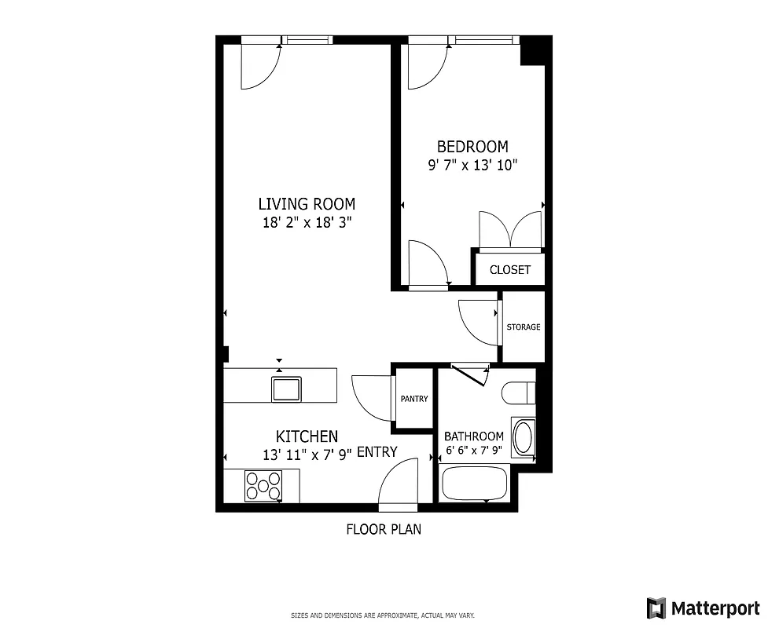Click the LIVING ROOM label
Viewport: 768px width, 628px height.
coord(307,204)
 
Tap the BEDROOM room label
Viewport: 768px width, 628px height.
coord(472,147)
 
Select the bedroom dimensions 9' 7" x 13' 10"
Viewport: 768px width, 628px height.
coord(472,166)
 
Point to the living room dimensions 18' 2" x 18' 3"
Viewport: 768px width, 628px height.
coord(307,222)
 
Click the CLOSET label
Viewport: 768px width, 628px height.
coord(510,270)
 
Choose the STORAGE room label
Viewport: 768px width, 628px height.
coord(524,327)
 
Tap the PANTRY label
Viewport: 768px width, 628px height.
coord(414,399)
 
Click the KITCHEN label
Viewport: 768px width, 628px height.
coord(307,436)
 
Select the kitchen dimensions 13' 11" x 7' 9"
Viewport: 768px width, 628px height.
coord(307,455)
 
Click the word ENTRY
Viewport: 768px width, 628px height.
coord(377,451)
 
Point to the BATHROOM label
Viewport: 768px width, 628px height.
coord(474,436)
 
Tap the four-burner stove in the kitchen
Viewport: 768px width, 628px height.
coord(263,485)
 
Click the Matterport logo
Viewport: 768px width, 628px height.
coord(703,608)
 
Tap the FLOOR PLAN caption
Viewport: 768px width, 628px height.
coord(384,529)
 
